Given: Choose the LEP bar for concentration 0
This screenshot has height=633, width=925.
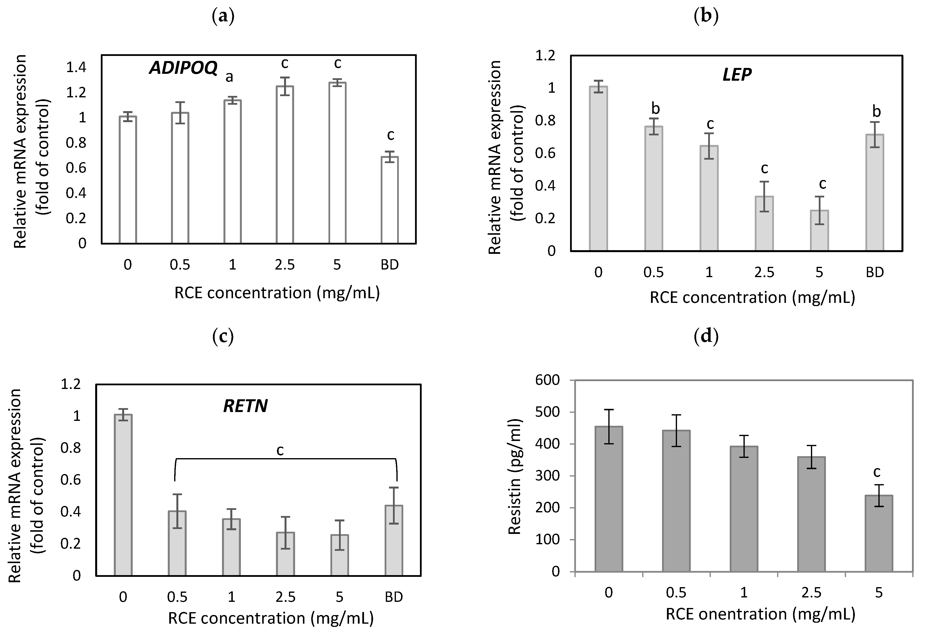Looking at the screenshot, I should pos(598,169).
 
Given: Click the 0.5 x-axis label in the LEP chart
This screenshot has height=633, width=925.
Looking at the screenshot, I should pos(653,272).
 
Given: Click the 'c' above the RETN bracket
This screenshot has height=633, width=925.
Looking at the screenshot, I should pos(280,450).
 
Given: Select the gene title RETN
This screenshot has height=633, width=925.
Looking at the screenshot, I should pos(245,406).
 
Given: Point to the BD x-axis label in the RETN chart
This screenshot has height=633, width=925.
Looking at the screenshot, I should pos(394,597).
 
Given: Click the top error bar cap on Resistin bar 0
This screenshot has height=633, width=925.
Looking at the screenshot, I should pos(609,409).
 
